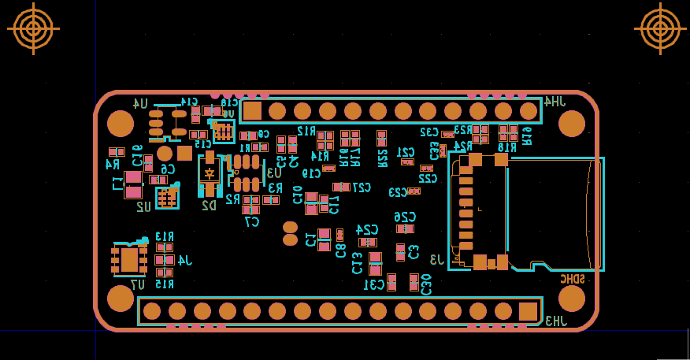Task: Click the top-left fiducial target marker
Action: [x=33, y=28]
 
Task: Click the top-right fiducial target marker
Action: [x=660, y=28]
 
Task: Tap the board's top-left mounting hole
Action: [x=121, y=124]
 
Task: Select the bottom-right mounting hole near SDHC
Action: [x=572, y=299]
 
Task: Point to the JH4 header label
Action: [x=554, y=102]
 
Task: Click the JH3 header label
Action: [x=555, y=321]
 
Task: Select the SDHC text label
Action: [x=573, y=279]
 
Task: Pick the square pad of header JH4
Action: [x=252, y=110]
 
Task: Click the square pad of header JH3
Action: [x=528, y=311]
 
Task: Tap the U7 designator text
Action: [x=137, y=284]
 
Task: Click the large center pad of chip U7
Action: [x=129, y=259]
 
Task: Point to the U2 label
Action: [x=143, y=207]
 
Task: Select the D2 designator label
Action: [x=209, y=206]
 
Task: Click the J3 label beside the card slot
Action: [x=436, y=259]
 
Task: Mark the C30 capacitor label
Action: [x=426, y=284]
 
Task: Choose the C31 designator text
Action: [x=374, y=284]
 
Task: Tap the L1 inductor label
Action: [x=117, y=184]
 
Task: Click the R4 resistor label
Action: [x=113, y=165]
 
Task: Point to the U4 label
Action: [x=140, y=103]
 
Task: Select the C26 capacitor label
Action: [x=405, y=217]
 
